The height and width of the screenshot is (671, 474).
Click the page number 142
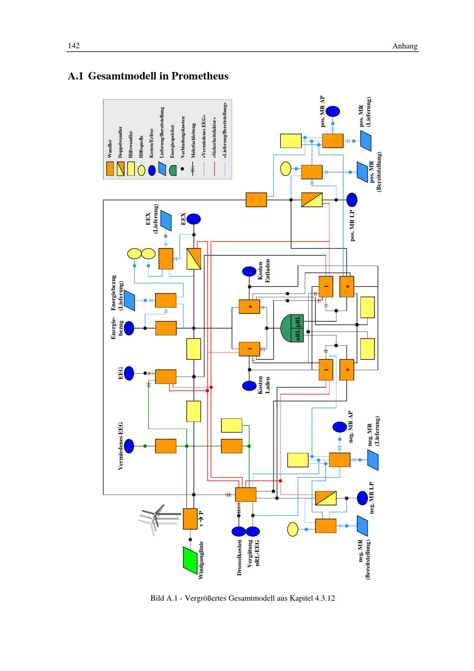pos(73,46)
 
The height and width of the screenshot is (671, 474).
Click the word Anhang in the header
pos(405,46)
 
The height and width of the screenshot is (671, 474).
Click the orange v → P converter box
pos(190,519)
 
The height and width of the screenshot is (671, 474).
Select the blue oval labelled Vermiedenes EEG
pos(128,446)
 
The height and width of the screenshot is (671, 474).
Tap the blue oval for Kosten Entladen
pos(249,272)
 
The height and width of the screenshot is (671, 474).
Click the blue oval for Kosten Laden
pos(249,386)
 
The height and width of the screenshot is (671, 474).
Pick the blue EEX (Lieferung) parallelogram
pos(166,220)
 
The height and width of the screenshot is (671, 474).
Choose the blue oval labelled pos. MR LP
pos(352,200)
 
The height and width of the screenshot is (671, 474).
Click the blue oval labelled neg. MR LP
pos(363,498)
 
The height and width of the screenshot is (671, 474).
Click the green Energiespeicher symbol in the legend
pos(173,169)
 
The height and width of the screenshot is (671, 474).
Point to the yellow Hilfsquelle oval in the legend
pos(141,170)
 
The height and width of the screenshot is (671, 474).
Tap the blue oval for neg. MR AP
pos(339,427)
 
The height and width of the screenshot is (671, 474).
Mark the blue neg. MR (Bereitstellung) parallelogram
pos(363,525)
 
